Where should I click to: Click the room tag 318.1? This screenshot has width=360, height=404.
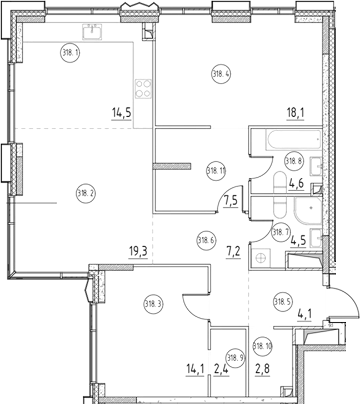[x=69, y=53]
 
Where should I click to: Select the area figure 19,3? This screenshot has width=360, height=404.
[x=137, y=252]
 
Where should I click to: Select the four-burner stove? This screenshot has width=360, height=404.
[x=143, y=88]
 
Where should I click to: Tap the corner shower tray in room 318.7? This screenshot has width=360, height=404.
[x=305, y=210]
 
